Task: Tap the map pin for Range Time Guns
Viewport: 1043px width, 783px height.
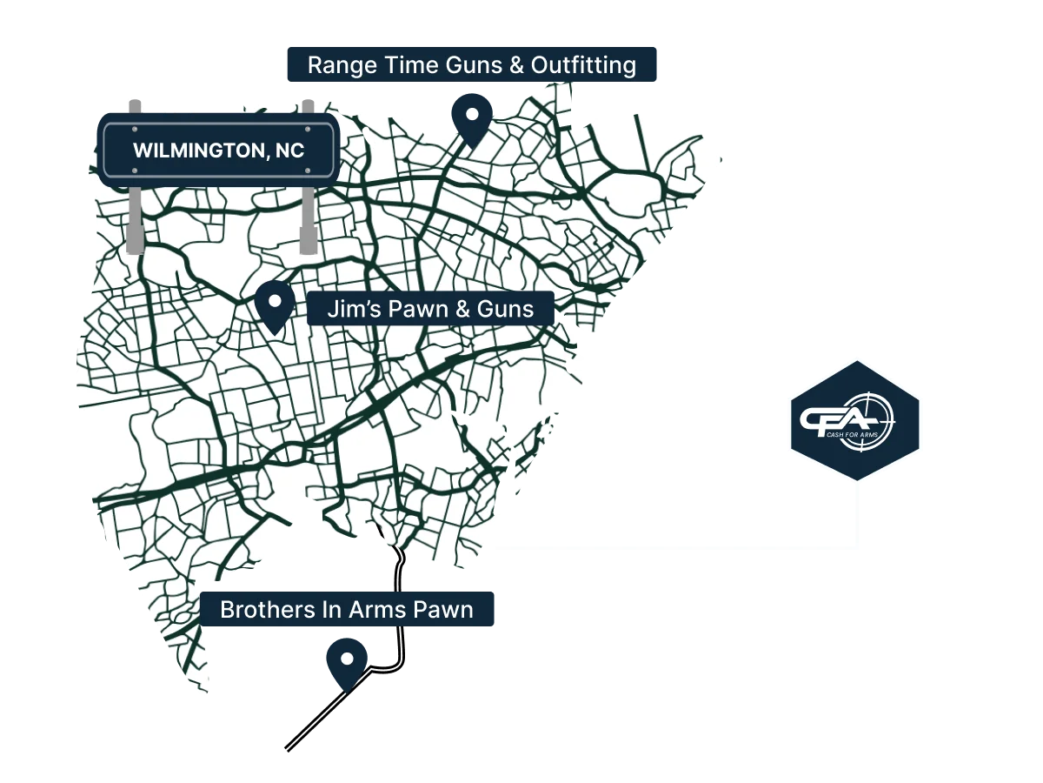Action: (472, 116)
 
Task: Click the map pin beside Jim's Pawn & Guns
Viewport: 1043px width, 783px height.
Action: (275, 304)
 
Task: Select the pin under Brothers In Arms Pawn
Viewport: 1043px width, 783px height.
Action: (347, 661)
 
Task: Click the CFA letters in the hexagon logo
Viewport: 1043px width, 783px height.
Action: (835, 420)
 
